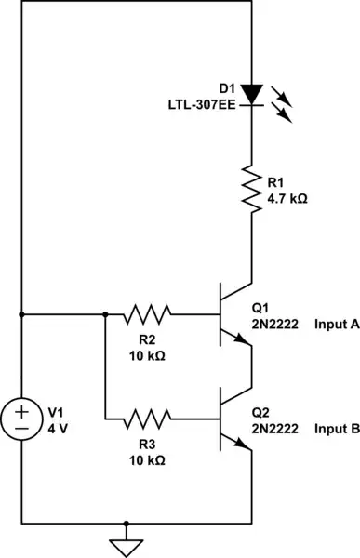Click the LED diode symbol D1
[x=252, y=93]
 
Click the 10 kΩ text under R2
[x=147, y=355]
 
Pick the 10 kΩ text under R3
[x=147, y=458]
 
